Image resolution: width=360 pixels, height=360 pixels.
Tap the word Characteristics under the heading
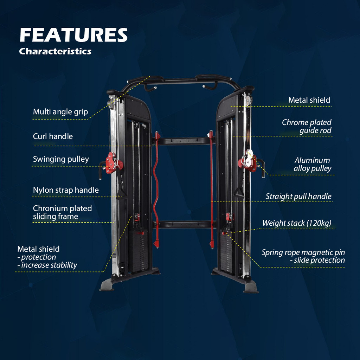pyautogui.click(x=55, y=51)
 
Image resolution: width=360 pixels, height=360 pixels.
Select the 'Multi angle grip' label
pyautogui.click(x=60, y=112)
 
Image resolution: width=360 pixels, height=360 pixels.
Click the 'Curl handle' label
pyautogui.click(x=53, y=136)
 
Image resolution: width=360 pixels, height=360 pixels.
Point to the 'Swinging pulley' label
pyautogui.click(x=61, y=159)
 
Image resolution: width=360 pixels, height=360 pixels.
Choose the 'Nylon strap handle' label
pyautogui.click(x=66, y=190)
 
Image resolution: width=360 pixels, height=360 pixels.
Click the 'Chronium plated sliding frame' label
pyautogui.click(x=62, y=212)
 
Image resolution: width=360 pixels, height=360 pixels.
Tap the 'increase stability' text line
pyautogui.click(x=49, y=265)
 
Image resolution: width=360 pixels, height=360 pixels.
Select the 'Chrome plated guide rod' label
pyautogui.click(x=307, y=127)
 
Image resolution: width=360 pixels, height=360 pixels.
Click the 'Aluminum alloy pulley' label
pyautogui.click(x=313, y=165)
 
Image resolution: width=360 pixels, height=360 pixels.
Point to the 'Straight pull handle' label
pyautogui.click(x=298, y=196)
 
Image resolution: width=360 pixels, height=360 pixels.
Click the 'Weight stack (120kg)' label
pyautogui.click(x=297, y=223)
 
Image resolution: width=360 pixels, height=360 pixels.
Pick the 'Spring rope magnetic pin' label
pyautogui.click(x=303, y=252)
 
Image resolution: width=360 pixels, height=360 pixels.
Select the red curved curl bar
pyautogui.click(x=156, y=190)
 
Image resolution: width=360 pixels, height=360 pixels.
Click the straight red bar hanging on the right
pyautogui.click(x=211, y=190)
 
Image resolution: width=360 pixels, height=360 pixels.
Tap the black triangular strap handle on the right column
pyautogui.click(x=239, y=191)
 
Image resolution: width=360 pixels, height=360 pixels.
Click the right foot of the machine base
pyautogui.click(x=251, y=287)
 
